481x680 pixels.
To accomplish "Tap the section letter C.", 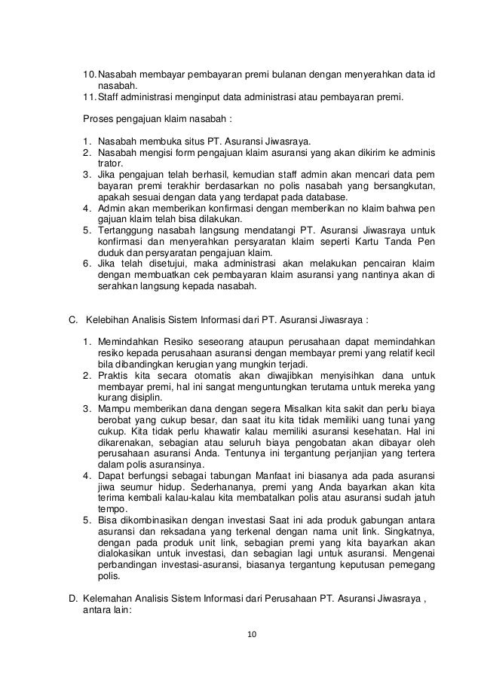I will [73, 319].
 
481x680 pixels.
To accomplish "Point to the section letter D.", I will [73, 599].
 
